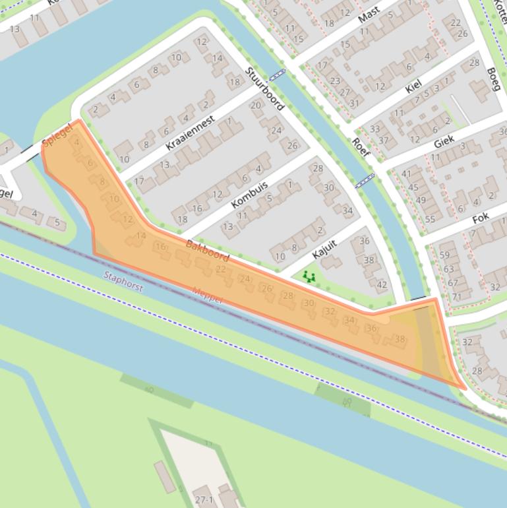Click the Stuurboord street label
pos(264,88)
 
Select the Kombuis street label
pos(252,193)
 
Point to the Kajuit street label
pos(325,249)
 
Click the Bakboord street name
pos(207,251)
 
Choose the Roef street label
pos(361,147)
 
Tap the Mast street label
pos(369,15)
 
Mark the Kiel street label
pos(413,86)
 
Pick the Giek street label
pos(444,143)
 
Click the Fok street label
pos(481,219)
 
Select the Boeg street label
pos(493,79)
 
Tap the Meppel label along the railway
pos(207,295)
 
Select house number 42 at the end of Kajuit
pos(382,285)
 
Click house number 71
pos(456,296)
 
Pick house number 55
pos(430,219)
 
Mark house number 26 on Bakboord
pos(266,288)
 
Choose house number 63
pos(448,269)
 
